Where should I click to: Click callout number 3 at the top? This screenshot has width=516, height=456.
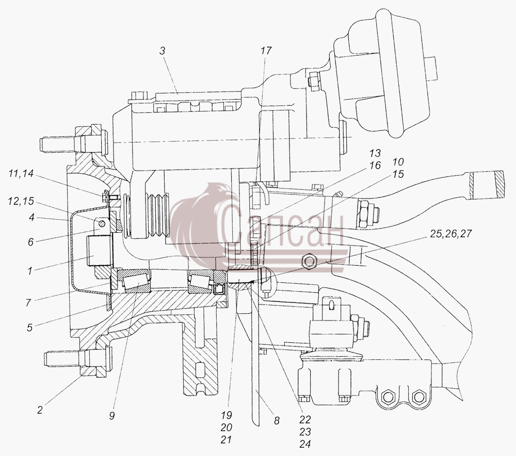(162, 51)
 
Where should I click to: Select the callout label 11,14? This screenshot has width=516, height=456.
(21, 174)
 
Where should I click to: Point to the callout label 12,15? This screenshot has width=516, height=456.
(21, 201)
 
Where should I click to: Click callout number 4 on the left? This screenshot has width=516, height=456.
(31, 217)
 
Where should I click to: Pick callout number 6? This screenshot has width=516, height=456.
(30, 242)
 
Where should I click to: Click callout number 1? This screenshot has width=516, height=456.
(30, 271)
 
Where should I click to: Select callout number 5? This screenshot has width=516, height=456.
(29, 328)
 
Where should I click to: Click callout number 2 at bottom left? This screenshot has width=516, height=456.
(40, 410)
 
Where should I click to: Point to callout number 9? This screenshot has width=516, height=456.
(112, 416)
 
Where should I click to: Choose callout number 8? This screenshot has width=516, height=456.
(277, 420)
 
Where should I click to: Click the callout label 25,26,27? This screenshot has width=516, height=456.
(451, 234)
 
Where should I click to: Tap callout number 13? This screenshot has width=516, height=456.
(375, 153)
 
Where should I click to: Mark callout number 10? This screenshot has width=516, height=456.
(398, 162)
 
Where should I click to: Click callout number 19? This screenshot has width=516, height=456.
(227, 415)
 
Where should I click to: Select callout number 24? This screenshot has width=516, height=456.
(305, 444)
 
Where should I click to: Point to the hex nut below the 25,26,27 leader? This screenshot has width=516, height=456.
(309, 262)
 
